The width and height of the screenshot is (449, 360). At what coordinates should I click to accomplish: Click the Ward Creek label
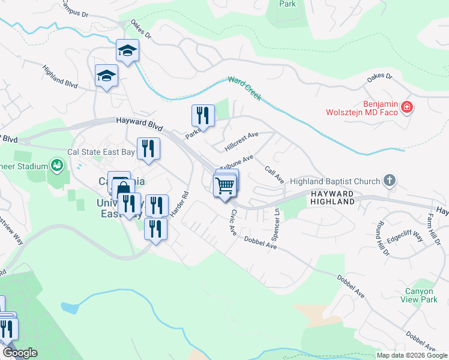244,88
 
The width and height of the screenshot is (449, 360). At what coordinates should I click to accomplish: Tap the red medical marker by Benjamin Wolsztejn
407,107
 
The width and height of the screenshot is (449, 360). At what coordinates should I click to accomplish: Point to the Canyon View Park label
418,295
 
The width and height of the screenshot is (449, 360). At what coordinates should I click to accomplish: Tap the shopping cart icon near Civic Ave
224,187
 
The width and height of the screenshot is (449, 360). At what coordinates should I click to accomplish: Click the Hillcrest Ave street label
241,142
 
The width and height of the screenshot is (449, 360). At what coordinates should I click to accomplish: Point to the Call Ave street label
274,175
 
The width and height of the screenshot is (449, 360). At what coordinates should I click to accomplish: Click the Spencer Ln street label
277,222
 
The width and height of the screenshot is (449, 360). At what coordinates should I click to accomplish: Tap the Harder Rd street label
179,204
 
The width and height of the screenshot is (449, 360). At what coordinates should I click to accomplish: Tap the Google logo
20,353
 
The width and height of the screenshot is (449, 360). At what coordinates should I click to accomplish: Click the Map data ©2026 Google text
411,355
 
